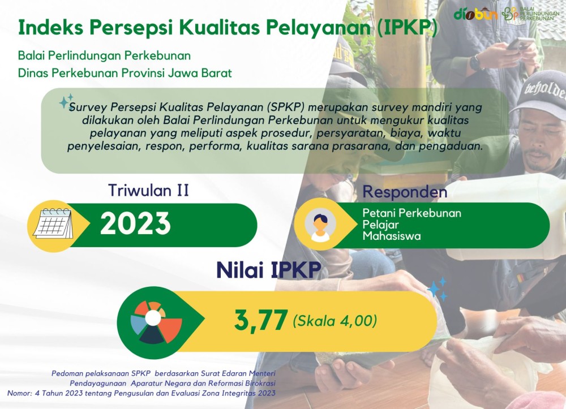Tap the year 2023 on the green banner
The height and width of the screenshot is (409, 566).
(135, 223)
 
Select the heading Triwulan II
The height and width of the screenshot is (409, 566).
(149, 191)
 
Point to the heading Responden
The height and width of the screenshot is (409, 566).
(405, 192)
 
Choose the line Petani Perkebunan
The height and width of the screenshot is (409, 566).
(412, 213)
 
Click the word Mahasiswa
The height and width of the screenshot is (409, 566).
(392, 236)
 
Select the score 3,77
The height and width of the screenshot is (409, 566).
(261, 320)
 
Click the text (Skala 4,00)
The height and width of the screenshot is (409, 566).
(335, 321)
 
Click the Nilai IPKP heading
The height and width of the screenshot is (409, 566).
(268, 270)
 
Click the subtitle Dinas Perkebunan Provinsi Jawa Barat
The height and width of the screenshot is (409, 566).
(125, 73)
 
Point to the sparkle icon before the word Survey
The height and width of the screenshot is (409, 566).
(66, 101)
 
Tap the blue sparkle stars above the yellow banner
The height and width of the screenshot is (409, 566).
(438, 289)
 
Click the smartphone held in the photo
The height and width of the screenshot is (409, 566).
(520, 44)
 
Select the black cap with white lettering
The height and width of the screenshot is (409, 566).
(539, 90)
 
